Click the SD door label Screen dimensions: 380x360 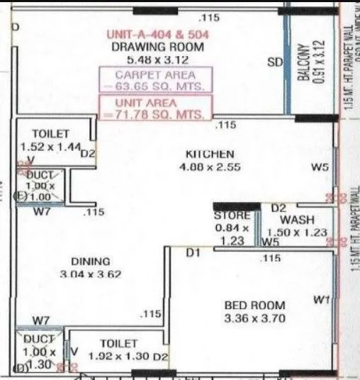click(274, 62)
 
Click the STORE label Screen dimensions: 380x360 click(232, 215)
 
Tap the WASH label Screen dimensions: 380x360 click(297, 220)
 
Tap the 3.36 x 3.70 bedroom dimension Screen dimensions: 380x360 click(254, 318)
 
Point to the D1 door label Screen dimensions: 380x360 click(193, 252)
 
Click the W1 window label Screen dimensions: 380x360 click(321, 300)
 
